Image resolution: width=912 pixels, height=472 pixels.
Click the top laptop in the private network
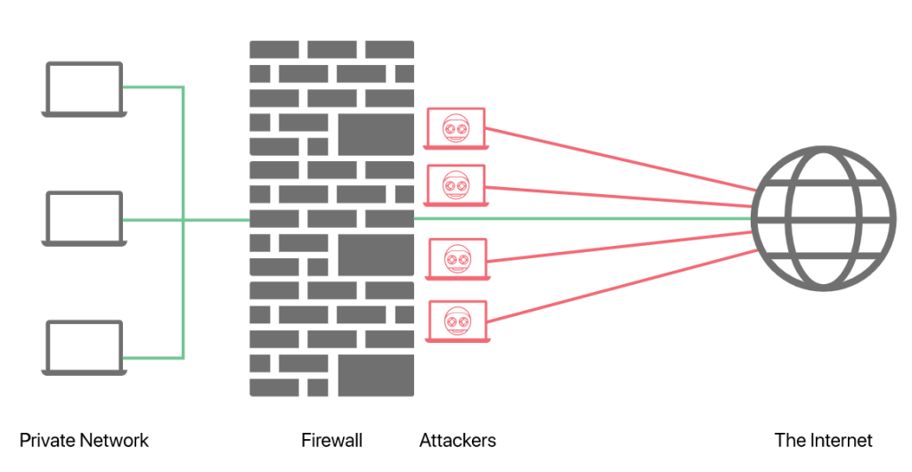[x=85, y=88]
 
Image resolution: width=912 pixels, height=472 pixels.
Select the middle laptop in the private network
[x=85, y=218]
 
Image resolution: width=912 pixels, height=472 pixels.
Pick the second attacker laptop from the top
[x=456, y=185]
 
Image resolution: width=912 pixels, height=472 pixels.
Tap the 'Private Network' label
[x=84, y=440]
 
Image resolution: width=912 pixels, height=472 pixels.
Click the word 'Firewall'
[x=331, y=440]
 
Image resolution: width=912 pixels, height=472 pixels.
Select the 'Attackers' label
[x=457, y=440]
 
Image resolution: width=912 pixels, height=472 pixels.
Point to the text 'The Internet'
[x=823, y=440]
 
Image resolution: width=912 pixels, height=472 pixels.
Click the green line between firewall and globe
[x=579, y=218]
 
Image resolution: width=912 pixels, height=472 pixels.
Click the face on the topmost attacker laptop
[x=456, y=128]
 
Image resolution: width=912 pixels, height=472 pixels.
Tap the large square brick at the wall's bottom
[x=376, y=375]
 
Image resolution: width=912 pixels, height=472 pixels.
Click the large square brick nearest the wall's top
[x=376, y=134]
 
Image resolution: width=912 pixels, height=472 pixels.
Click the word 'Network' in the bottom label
[x=114, y=440]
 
